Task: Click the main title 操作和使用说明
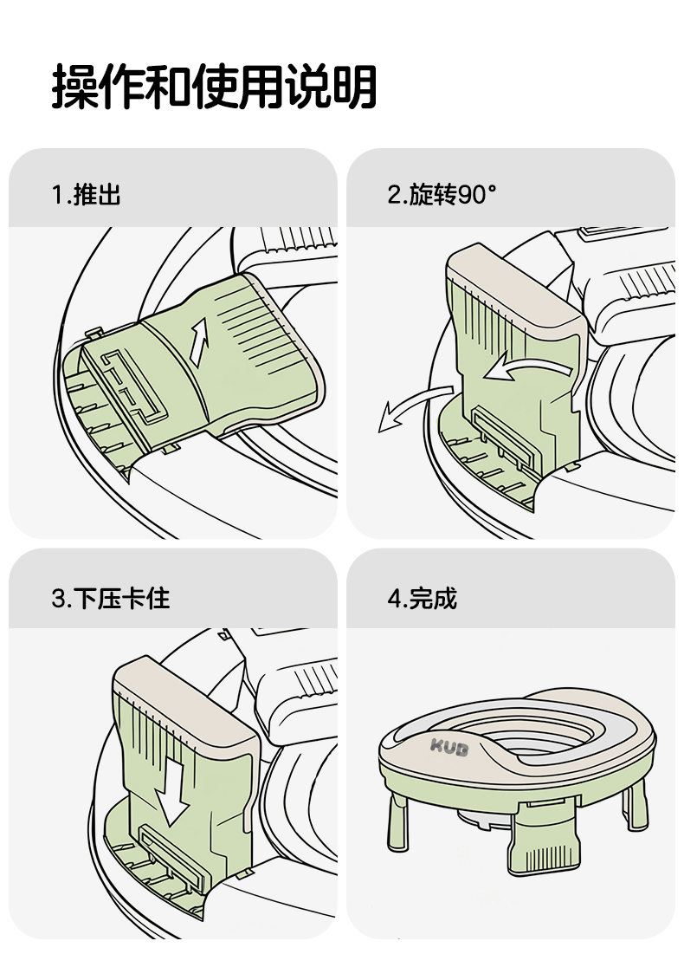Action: [214, 87]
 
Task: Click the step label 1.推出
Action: [86, 195]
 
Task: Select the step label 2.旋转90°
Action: [442, 195]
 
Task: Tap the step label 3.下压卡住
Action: [110, 598]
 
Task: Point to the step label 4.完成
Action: [422, 598]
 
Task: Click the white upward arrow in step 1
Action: [200, 341]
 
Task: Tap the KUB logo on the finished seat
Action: [449, 747]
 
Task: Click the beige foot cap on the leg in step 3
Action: [182, 698]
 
